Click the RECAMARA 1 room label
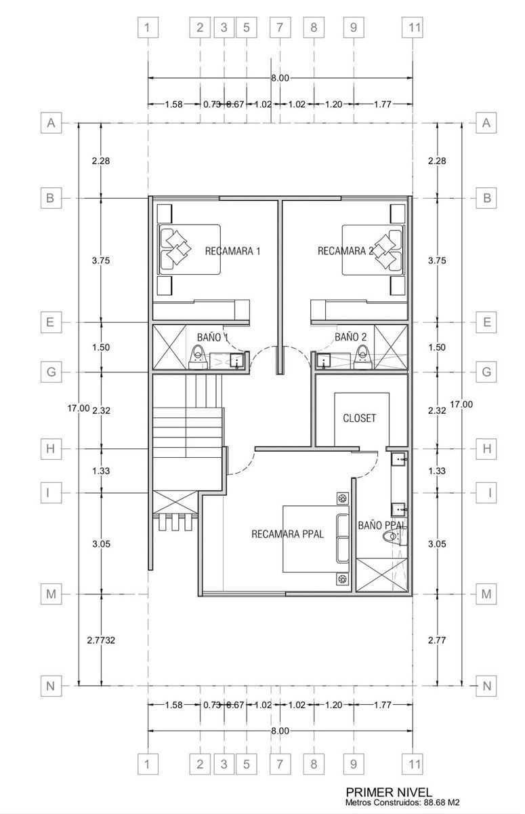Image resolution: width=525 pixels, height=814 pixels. (x=232, y=251)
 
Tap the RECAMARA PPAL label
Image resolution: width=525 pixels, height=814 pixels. (x=287, y=535)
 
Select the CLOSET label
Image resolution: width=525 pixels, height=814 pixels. (x=359, y=418)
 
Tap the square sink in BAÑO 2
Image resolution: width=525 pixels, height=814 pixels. (x=322, y=361)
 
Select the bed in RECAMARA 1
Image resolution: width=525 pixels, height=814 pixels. (x=189, y=250)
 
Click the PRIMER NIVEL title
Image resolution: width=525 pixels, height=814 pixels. (x=389, y=792)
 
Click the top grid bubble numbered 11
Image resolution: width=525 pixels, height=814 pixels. (x=413, y=27)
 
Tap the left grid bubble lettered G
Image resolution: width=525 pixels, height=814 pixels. (x=51, y=372)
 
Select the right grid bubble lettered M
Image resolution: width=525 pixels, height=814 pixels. (x=486, y=594)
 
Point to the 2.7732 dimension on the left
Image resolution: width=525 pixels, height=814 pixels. (x=101, y=640)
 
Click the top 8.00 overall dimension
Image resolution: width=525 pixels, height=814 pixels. (x=280, y=78)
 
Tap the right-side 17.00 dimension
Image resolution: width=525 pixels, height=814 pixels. (x=461, y=404)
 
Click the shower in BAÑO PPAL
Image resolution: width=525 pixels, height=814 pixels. (x=381, y=576)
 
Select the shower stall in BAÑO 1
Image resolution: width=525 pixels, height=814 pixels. (x=169, y=347)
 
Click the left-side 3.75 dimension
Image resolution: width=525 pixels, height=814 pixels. (x=101, y=260)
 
